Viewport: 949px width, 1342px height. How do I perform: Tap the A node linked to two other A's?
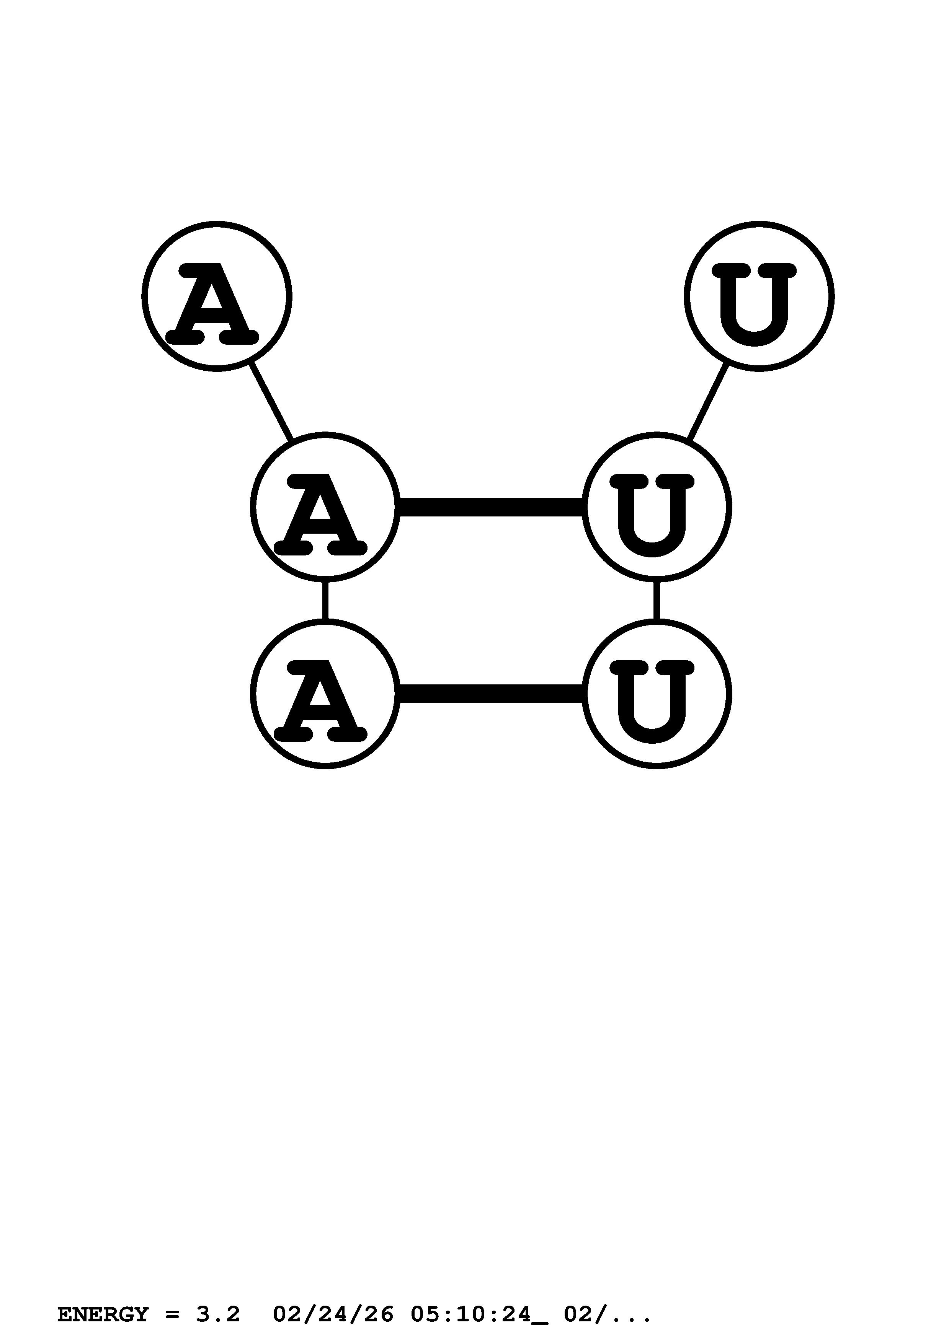coord(325,507)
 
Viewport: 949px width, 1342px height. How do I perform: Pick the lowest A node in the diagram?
coord(325,694)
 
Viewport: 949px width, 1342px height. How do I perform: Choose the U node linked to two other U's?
coord(656,507)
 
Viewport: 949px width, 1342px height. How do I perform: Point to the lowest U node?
coord(656,694)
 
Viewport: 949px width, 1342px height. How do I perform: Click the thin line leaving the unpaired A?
coord(271,402)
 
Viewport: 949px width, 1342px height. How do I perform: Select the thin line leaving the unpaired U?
coord(708,402)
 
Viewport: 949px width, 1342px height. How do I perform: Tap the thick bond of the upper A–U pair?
coord(491,507)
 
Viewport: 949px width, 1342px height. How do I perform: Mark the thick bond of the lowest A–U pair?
coord(491,694)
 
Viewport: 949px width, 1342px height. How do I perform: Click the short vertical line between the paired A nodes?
coord(325,600)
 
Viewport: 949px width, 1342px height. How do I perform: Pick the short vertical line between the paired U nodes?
coord(656,600)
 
